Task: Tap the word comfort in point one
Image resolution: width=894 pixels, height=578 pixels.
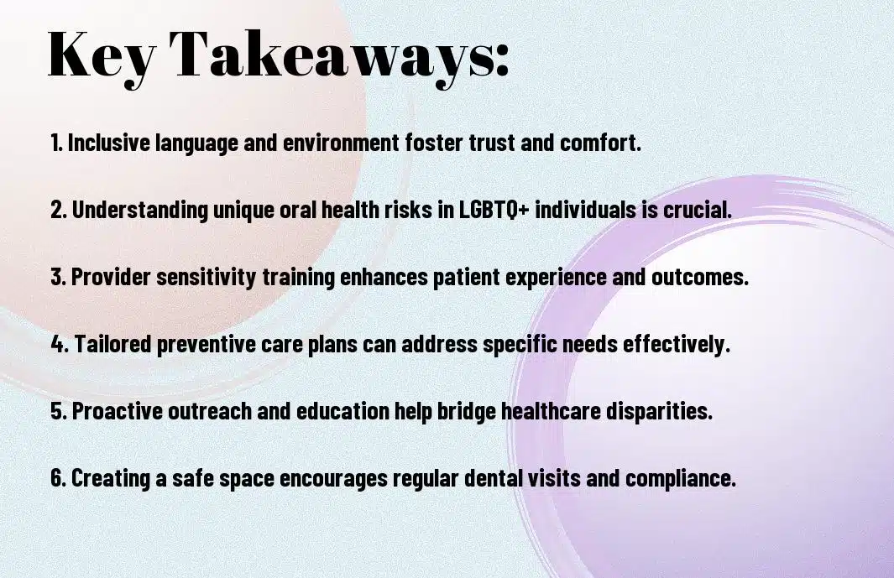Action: point(600,143)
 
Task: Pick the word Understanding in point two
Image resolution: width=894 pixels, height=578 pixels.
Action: point(140,211)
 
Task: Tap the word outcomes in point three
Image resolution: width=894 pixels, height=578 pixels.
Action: point(699,277)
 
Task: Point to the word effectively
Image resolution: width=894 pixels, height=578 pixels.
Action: point(677,344)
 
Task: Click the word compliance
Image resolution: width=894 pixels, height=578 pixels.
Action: point(681,478)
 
